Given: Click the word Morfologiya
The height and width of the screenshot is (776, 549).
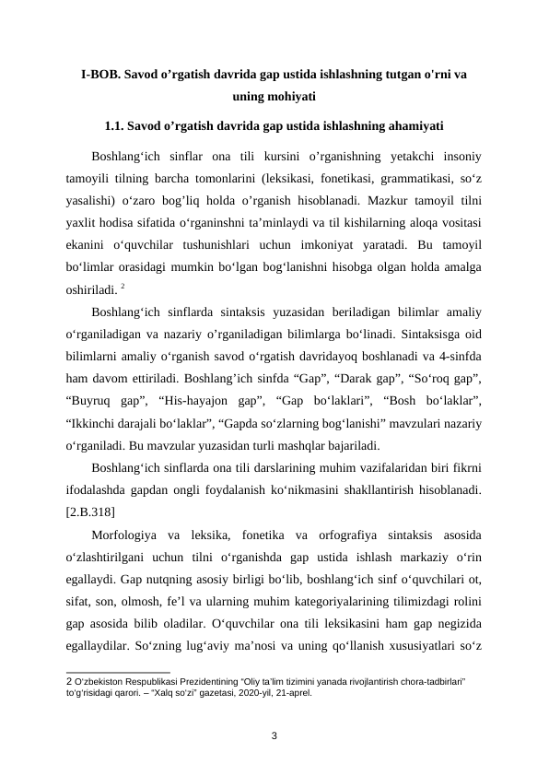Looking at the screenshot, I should tap(129, 535).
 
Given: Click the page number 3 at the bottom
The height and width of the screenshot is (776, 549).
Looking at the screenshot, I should tap(274, 735).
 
